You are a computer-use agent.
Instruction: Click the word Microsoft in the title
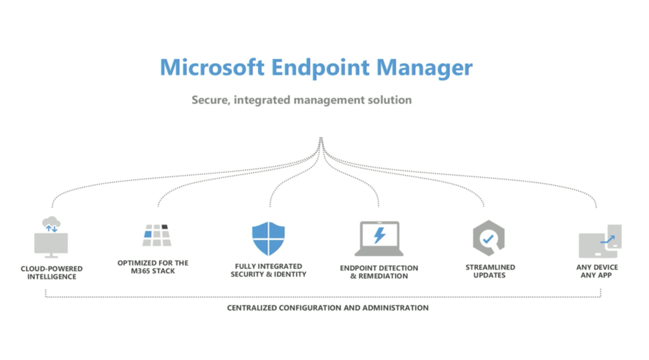(x=211, y=67)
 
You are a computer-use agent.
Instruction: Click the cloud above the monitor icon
(x=51, y=224)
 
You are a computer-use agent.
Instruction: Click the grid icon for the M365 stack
(x=157, y=236)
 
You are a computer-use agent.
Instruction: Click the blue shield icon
(x=268, y=238)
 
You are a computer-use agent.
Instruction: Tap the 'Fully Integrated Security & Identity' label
(x=268, y=270)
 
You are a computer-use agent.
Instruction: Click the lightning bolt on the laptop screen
(x=379, y=236)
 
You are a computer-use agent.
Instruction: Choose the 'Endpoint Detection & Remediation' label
(x=379, y=272)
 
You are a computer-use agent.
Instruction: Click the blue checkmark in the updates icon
(x=487, y=240)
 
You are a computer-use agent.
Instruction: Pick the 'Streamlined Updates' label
(x=490, y=271)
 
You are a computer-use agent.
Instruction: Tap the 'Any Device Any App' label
(x=596, y=271)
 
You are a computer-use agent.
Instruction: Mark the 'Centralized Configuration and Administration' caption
(x=328, y=308)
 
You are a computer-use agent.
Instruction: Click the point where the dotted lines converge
(x=321, y=139)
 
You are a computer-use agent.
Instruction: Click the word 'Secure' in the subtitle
(x=211, y=100)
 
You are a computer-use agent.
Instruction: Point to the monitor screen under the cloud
(x=51, y=243)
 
